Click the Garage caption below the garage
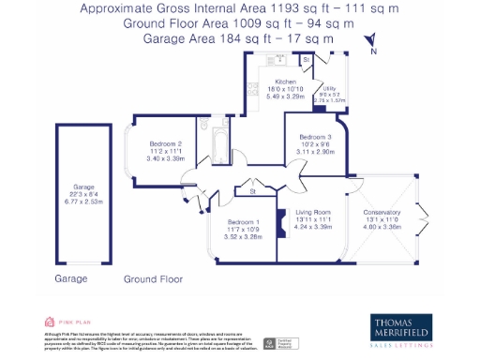pyautogui.click(x=70, y=279)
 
